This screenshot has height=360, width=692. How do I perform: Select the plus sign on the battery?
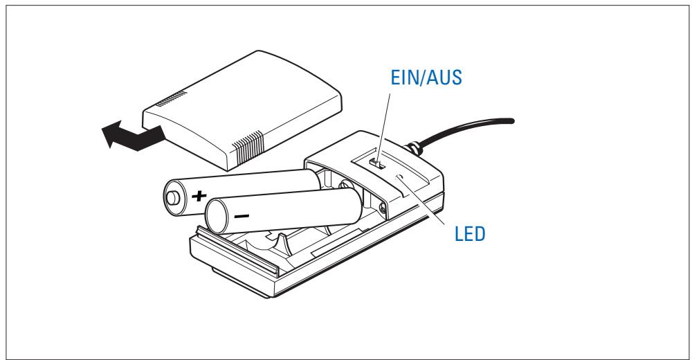(x=199, y=196)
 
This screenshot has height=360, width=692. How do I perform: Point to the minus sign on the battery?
(x=242, y=216)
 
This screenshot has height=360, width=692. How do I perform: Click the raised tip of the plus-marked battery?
(x=171, y=199)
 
